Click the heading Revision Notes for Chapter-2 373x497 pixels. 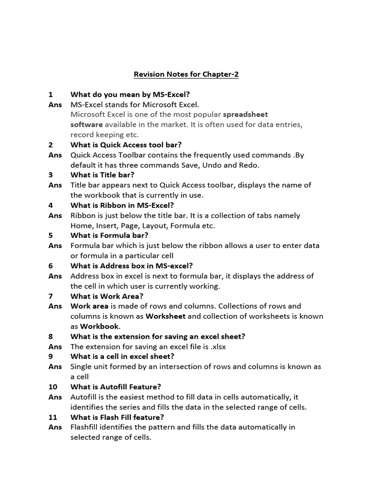pyautogui.click(x=186, y=75)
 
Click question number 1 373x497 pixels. pyautogui.click(x=51, y=95)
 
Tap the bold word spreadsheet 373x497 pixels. pyautogui.click(x=245, y=115)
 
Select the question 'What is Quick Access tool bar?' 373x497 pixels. pyautogui.click(x=126, y=145)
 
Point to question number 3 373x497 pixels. pyautogui.click(x=51, y=175)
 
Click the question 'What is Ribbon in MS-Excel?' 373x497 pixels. pyautogui.click(x=122, y=205)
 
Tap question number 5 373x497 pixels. pyautogui.click(x=51, y=235)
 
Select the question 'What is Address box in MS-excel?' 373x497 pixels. pyautogui.click(x=132, y=265)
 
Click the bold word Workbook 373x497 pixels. pyautogui.click(x=100, y=327)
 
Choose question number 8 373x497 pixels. pyautogui.click(x=51, y=336)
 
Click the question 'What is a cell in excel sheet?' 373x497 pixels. pyautogui.click(x=122, y=356)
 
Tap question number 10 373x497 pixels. pyautogui.click(x=53, y=387)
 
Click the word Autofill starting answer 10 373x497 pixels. pyautogui.click(x=84, y=397)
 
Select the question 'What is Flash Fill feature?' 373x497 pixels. pyautogui.click(x=117, y=417)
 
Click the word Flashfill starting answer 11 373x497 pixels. pyautogui.click(x=86, y=427)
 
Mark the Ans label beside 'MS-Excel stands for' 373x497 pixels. pyautogui.click(x=55, y=104)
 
